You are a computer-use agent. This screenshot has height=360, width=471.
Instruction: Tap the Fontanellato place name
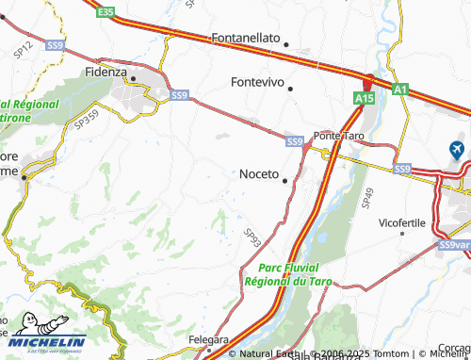click(x=246, y=38)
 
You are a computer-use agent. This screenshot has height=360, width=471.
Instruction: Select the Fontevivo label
click(x=258, y=82)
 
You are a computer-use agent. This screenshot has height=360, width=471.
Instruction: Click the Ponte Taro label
click(x=338, y=136)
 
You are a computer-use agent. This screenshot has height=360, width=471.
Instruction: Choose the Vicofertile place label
click(x=402, y=222)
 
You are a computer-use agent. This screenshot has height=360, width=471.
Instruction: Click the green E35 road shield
click(x=105, y=12)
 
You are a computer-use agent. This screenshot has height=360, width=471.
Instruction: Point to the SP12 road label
click(x=24, y=46)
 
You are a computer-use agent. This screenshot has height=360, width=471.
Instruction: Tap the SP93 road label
click(x=252, y=236)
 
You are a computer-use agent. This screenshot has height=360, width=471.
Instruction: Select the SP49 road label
click(x=366, y=196)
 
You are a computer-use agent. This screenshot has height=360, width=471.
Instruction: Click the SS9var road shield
click(x=453, y=245)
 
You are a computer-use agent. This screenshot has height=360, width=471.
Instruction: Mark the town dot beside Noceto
click(x=284, y=180)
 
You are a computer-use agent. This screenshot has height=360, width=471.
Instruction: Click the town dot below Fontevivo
click(x=291, y=89)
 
